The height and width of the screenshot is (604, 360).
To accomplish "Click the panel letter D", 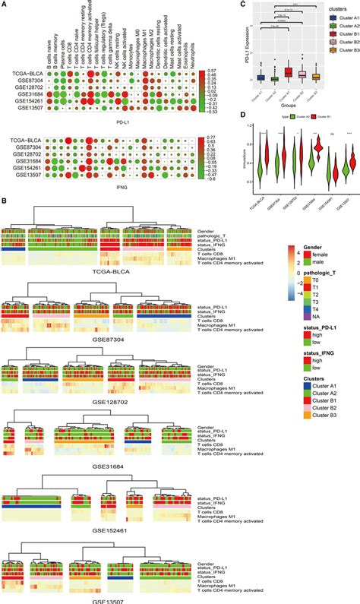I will pos(242,117).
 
